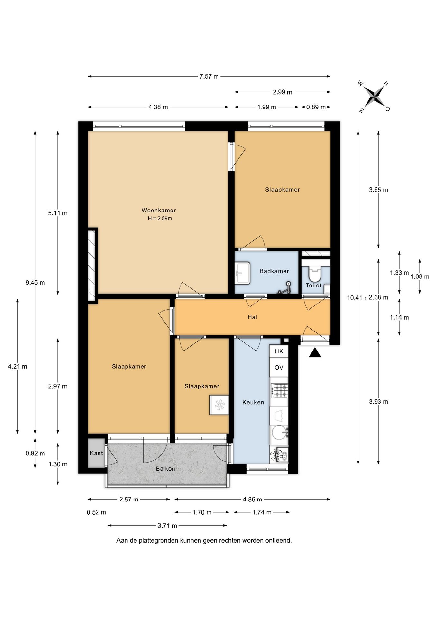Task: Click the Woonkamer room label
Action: coord(159,211)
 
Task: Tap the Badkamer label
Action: coord(274,271)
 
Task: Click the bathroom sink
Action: coord(243,273)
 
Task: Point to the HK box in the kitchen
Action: coord(279,351)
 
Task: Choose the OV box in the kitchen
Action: coord(279,368)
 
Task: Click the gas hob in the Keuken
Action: coord(280,390)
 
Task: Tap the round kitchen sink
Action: coord(279,432)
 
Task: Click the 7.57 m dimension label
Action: coord(209,76)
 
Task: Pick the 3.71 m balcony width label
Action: coord(167,526)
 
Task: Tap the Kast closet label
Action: coord(96,453)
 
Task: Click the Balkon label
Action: coord(165,469)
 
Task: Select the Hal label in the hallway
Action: coord(252,317)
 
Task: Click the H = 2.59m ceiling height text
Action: coord(160,218)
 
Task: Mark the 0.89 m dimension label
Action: coord(316,107)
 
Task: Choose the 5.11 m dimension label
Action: coord(58,213)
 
